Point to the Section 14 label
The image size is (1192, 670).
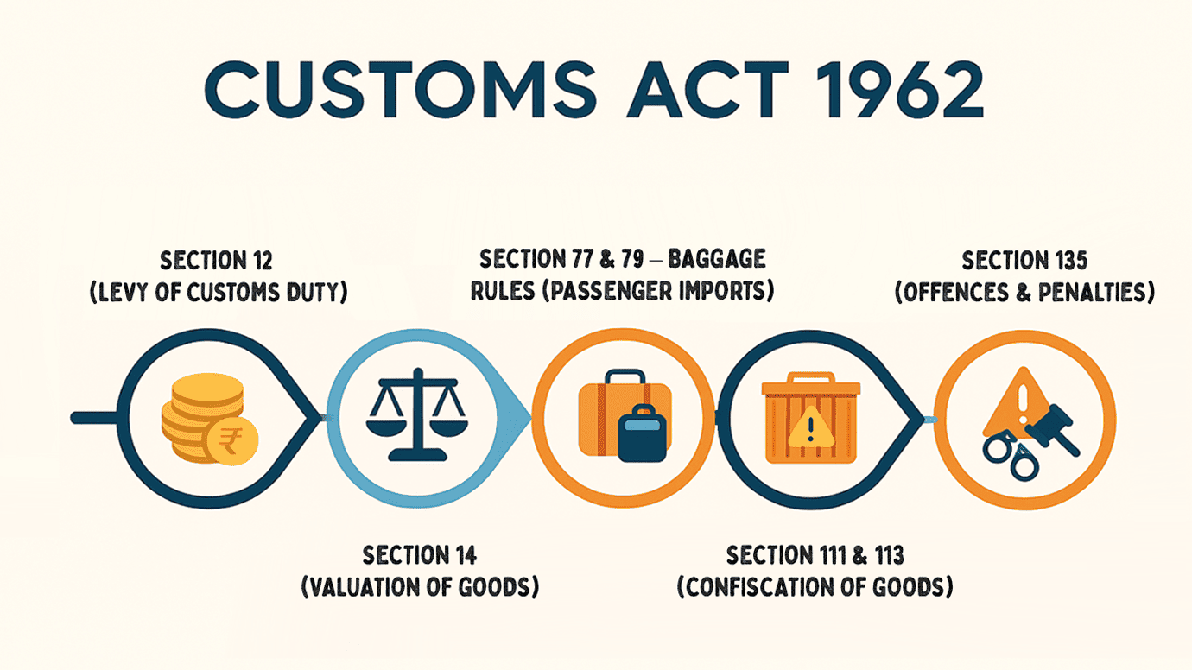(x=420, y=554)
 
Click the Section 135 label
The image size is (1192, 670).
(x=1024, y=261)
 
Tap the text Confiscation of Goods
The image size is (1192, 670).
(x=815, y=587)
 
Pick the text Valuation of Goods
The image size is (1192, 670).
(x=420, y=587)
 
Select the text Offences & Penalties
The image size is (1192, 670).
(x=1024, y=293)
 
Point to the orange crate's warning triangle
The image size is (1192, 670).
(x=809, y=426)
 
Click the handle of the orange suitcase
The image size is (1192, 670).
(x=624, y=379)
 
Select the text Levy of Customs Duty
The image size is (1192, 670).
(x=218, y=293)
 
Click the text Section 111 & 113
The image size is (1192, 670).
(x=815, y=554)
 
